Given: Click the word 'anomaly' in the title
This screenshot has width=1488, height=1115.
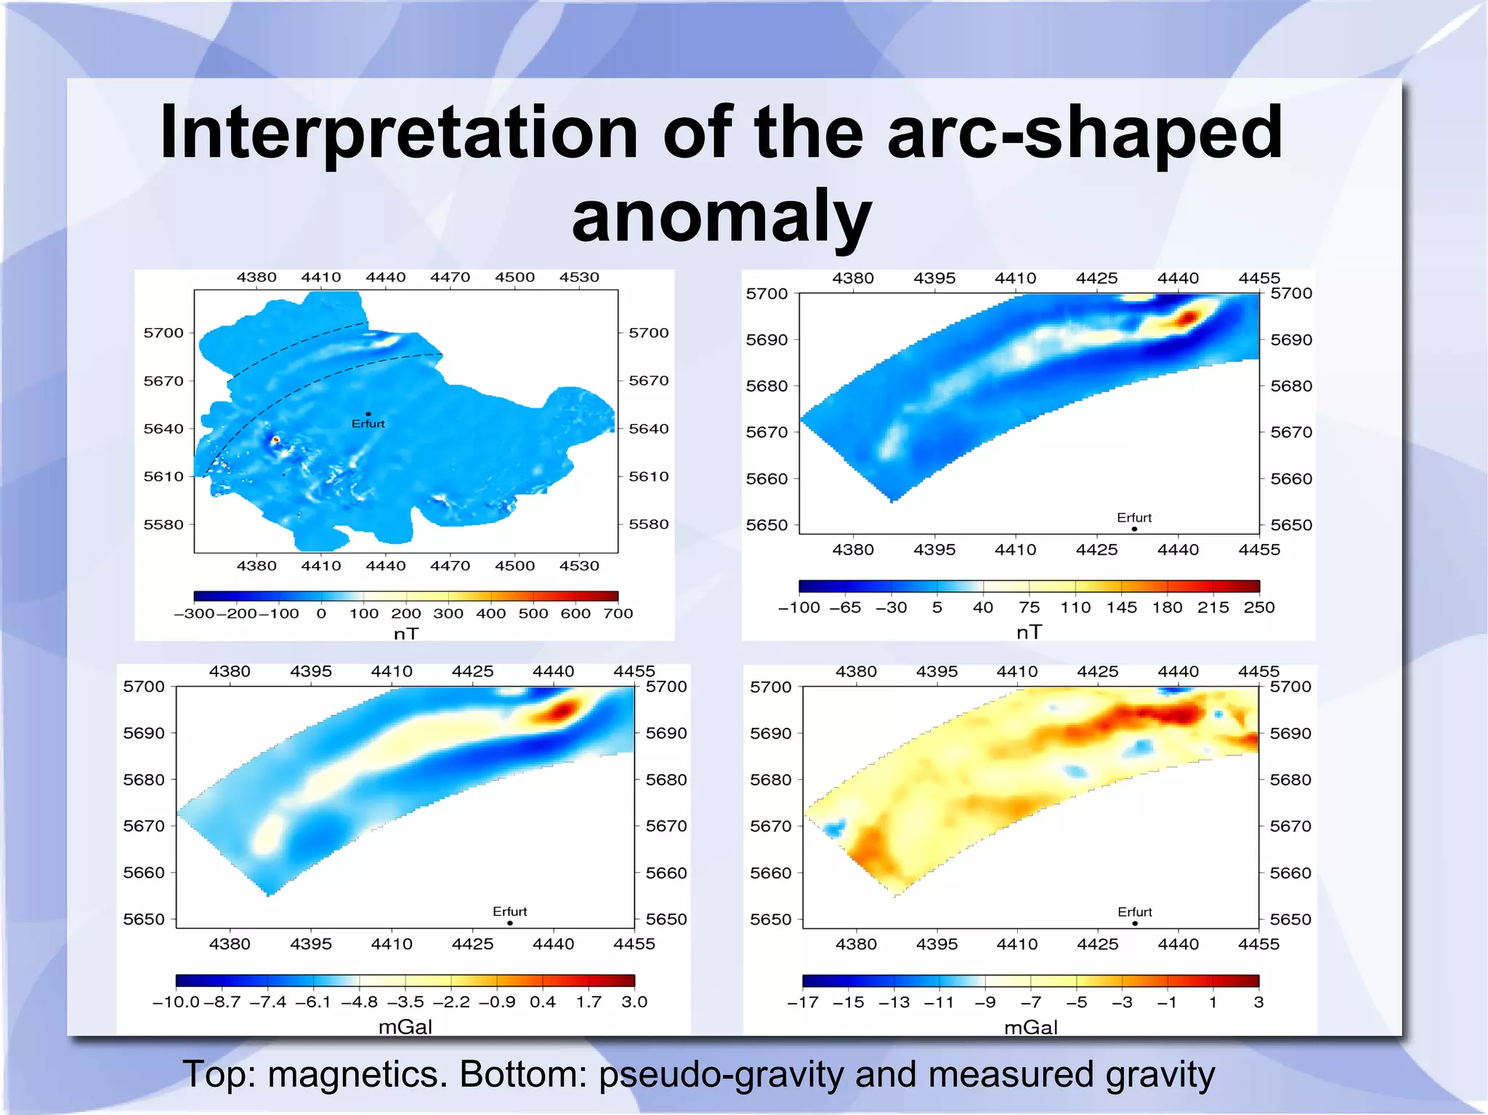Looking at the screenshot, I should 721,216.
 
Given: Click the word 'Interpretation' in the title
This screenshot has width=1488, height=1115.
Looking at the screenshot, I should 398,132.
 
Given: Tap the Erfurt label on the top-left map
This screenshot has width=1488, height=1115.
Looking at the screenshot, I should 368,423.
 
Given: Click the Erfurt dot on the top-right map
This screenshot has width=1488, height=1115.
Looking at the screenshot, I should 1134,529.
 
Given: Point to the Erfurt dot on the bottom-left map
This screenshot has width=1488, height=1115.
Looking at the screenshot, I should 510,923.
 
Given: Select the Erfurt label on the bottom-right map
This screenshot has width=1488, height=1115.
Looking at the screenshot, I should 1134,912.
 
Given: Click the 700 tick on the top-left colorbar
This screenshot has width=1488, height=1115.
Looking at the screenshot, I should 618,613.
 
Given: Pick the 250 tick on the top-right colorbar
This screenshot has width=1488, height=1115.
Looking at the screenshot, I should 1258,607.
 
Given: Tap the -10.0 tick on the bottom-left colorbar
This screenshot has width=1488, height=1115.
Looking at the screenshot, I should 176,1002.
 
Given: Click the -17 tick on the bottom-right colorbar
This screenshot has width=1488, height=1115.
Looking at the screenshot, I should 803,1002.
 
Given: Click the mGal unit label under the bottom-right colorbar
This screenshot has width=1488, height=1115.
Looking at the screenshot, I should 1030,1027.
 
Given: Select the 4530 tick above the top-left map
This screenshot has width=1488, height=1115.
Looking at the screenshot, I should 579,277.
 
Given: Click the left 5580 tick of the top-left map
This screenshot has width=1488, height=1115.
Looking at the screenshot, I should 163,524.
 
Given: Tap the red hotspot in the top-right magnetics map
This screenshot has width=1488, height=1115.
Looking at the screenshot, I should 1188,317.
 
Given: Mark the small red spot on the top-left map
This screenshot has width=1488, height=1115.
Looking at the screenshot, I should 275,439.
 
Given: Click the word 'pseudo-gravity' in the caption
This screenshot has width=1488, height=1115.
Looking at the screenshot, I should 721,1074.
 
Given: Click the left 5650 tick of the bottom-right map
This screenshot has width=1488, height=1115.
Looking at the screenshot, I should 770,920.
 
